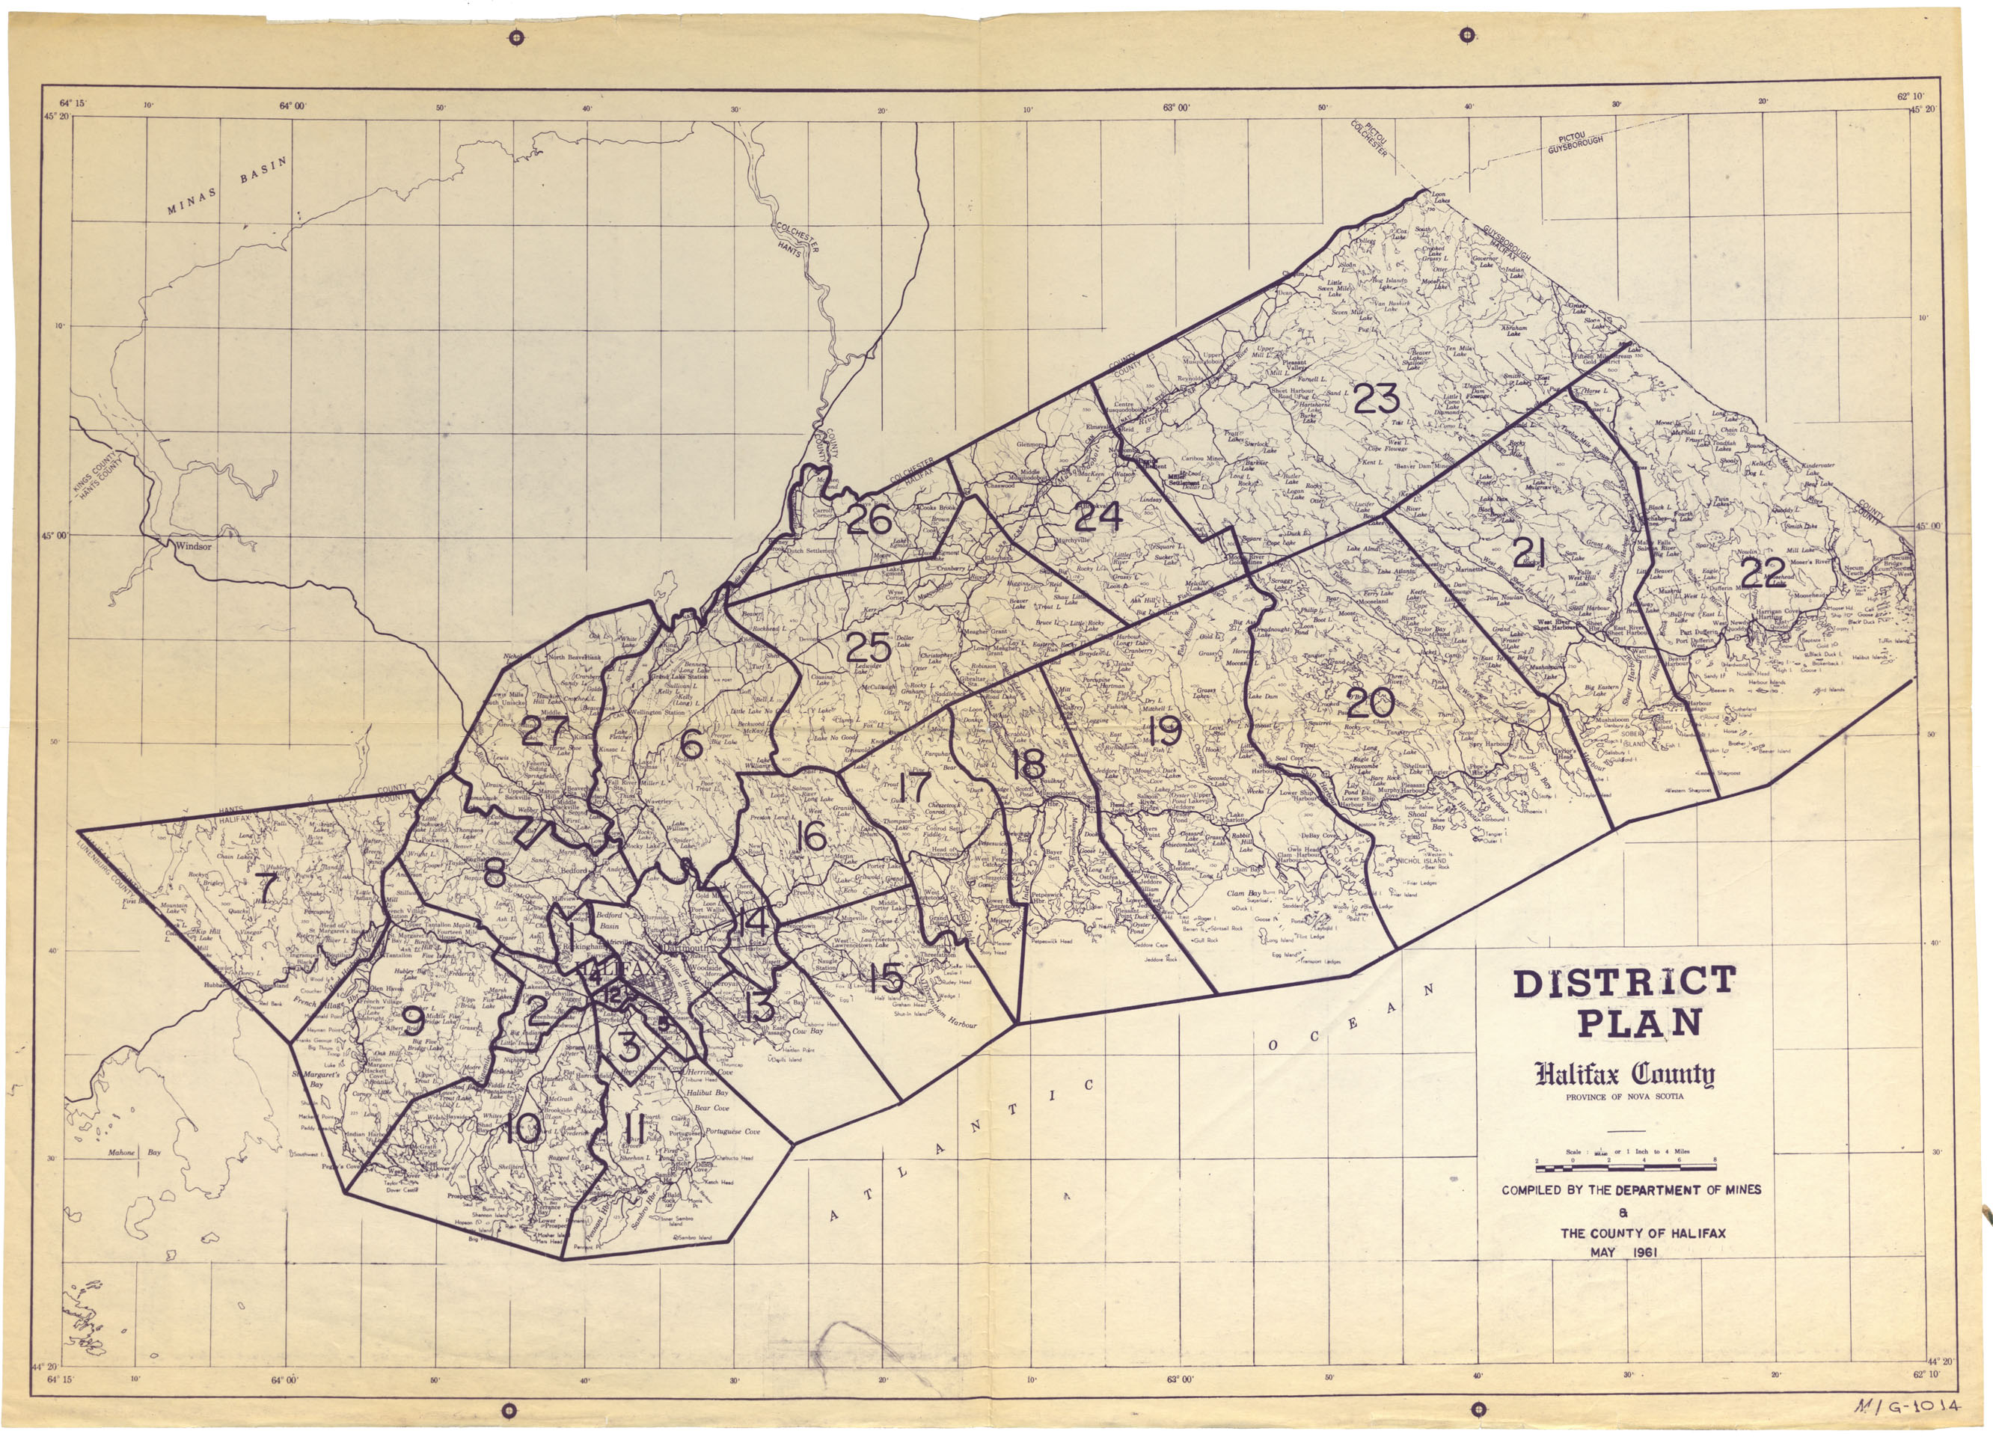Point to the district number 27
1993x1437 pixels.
coord(545,730)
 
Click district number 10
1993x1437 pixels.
coord(524,1130)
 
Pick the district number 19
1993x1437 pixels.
coord(1164,730)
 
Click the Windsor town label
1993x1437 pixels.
coord(192,546)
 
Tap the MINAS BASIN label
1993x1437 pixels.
coord(227,186)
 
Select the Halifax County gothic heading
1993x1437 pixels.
coord(1625,1075)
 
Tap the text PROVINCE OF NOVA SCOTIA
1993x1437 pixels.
coord(1625,1097)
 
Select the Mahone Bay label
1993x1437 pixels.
coord(135,1152)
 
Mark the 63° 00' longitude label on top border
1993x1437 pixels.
coord(1176,108)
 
